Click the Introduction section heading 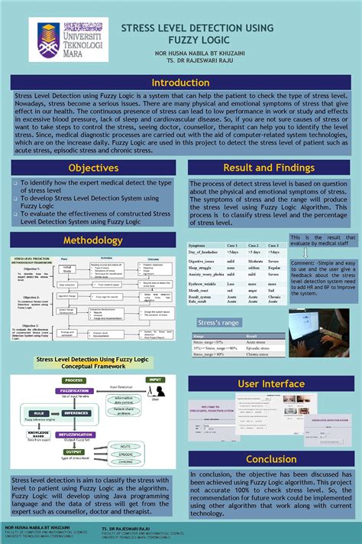click(180, 83)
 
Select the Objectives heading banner click(93, 168)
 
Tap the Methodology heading click(93, 240)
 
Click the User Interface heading click(272, 383)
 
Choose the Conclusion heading click(272, 459)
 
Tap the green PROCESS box click(74, 379)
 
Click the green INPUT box click(156, 379)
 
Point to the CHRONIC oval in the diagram click(127, 462)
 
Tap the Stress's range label click(220, 322)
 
